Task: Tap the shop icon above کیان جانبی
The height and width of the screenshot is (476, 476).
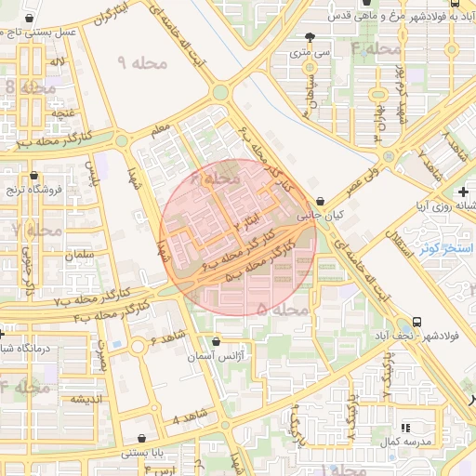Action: [x=320, y=201]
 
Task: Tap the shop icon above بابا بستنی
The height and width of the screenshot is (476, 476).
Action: [x=140, y=438]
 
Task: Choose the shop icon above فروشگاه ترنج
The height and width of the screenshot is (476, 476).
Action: [x=34, y=175]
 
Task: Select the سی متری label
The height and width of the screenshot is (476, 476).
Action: [x=309, y=53]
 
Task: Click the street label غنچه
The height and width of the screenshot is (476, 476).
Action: [x=63, y=112]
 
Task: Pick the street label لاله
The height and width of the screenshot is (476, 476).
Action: [x=58, y=61]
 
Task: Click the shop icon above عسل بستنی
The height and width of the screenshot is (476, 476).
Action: [x=33, y=18]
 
